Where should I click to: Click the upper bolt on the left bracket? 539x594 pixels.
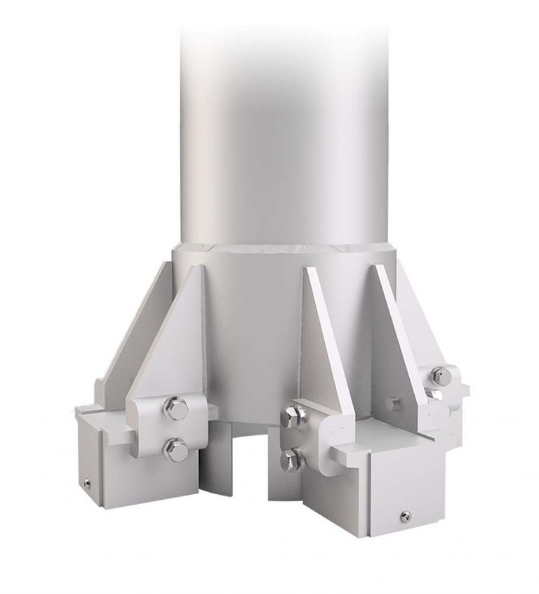[x=175, y=408]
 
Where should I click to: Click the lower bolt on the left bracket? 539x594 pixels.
[x=175, y=449]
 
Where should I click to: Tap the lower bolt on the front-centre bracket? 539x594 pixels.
[x=292, y=460]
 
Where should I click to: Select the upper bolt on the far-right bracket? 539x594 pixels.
[x=440, y=376]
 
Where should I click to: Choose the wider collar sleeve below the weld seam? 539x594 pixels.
[x=253, y=316]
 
